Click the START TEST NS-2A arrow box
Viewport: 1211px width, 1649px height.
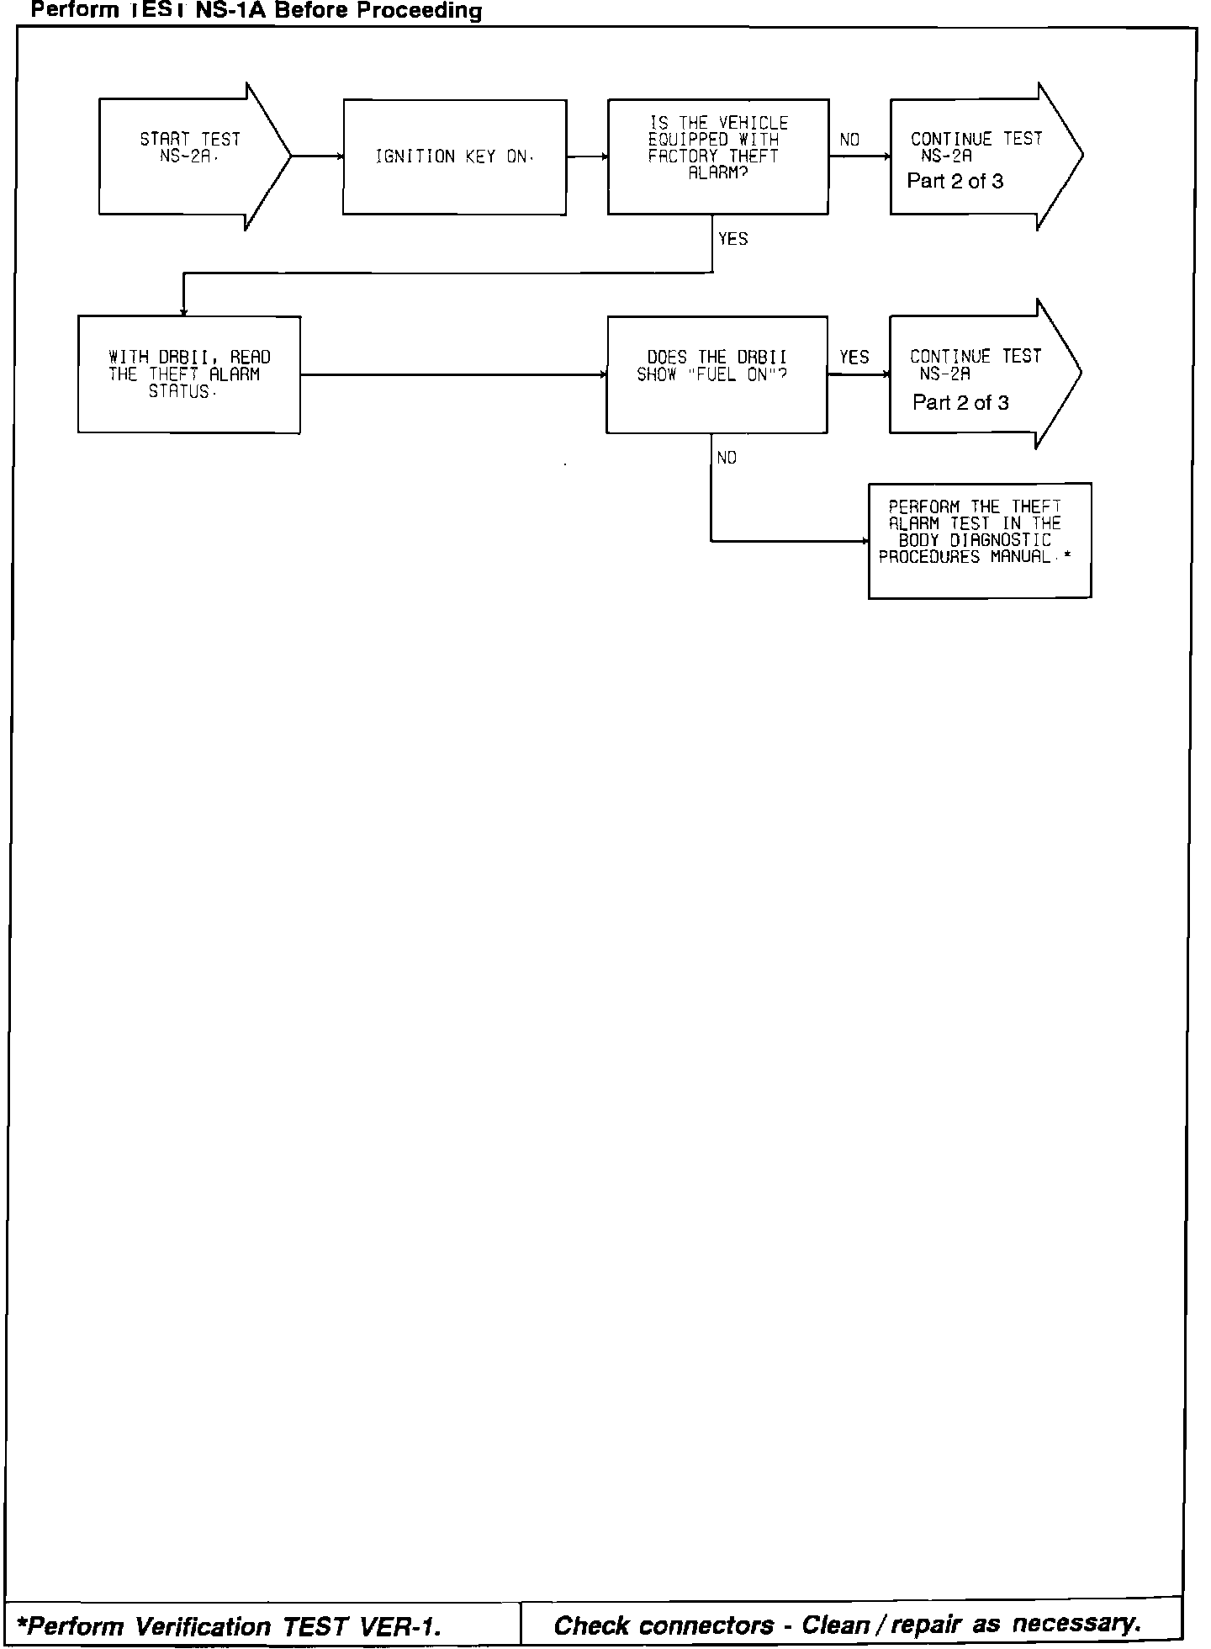(190, 156)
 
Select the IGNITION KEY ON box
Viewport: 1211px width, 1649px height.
(454, 157)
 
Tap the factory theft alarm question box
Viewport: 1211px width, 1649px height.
(717, 157)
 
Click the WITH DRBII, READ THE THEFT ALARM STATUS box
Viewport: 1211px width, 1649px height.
(189, 374)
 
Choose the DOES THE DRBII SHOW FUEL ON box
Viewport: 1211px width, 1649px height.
(717, 374)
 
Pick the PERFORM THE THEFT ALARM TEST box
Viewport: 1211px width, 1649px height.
(979, 540)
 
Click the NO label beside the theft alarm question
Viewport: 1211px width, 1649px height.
(849, 140)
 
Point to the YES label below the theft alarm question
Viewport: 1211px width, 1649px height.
(732, 239)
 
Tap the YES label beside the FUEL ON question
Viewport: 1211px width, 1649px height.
(854, 358)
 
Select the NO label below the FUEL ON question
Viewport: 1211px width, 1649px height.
(727, 458)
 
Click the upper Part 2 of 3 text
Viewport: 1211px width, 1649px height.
(955, 182)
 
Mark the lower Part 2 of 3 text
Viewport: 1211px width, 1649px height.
(960, 403)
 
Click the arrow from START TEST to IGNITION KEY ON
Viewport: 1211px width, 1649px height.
(317, 156)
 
